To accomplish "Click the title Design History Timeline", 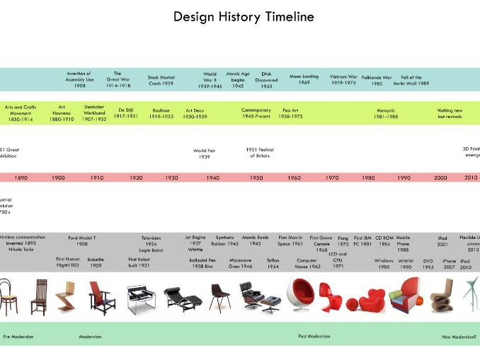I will coord(244,16).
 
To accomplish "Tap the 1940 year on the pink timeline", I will coord(212,178).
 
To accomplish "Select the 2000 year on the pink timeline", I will coord(440,178).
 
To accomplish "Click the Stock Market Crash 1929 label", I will coord(161,80).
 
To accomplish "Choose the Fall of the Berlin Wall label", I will coord(411,80).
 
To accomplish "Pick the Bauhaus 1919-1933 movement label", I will coord(163,113).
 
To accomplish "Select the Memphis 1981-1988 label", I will coord(387,113).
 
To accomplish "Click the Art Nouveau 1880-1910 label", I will coord(62,113).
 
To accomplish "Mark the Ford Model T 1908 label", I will coord(82,240).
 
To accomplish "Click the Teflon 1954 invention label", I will coord(273,263).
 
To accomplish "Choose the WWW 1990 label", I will coord(406,263).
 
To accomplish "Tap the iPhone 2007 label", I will coord(449,263).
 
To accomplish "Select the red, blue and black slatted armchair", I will coord(101,297).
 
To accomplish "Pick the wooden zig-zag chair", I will coord(65,296).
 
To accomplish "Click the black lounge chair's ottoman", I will coord(270,303).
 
